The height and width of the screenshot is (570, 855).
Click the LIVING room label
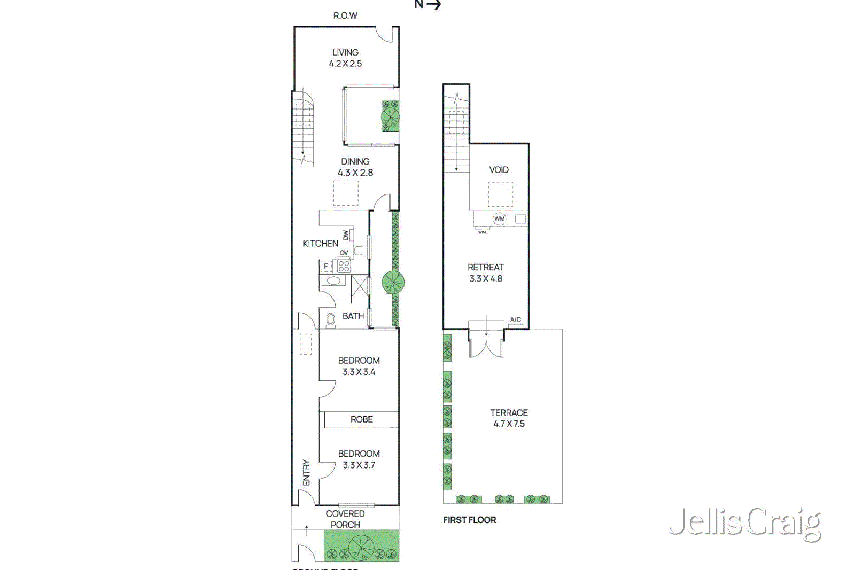[345, 58]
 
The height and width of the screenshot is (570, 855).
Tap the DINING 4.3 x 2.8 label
[355, 167]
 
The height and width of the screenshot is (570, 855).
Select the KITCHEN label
[320, 244]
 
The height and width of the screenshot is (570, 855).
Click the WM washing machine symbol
[499, 218]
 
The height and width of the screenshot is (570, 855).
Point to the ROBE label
[361, 420]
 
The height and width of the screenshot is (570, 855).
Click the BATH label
[353, 316]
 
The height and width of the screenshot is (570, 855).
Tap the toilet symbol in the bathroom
[331, 319]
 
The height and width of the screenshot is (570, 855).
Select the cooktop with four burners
[344, 266]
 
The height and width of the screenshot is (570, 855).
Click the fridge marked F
[325, 266]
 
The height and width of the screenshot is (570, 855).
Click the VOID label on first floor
[499, 170]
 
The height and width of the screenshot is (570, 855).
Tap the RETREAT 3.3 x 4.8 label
[486, 273]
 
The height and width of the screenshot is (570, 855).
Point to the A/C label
[515, 319]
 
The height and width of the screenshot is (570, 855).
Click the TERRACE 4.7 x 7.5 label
[509, 418]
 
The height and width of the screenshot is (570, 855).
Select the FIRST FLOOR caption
[469, 520]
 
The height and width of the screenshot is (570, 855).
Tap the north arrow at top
[428, 5]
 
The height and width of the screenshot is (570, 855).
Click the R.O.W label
[345, 15]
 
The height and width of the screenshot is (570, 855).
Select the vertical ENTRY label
[306, 472]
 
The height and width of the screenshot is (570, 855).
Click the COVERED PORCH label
[345, 519]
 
